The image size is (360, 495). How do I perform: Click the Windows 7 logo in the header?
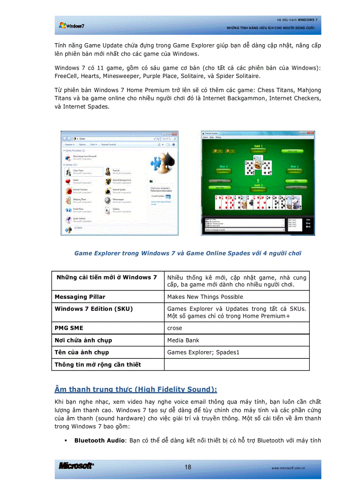click(71, 26)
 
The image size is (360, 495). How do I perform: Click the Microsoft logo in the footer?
click(76, 466)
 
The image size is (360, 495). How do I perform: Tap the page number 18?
click(188, 467)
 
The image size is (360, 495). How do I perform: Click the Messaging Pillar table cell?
click(80, 297)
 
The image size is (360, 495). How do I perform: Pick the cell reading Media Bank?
click(183, 340)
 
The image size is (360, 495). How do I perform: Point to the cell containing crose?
click(175, 328)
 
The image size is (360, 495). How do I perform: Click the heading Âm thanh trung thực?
click(135, 389)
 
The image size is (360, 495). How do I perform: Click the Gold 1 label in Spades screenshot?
click(258, 146)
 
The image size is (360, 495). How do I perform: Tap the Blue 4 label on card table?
click(223, 167)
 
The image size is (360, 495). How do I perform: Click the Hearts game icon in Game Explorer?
click(68, 181)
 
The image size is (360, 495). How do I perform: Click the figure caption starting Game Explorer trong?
click(187, 253)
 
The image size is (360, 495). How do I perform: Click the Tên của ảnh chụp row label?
click(82, 352)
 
